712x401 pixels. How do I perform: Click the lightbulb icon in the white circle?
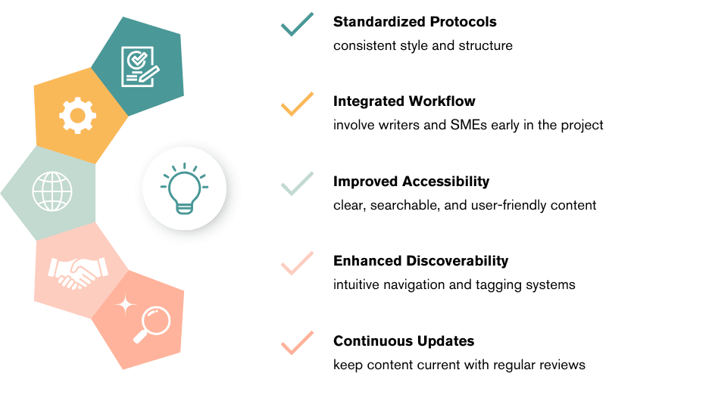[184, 188]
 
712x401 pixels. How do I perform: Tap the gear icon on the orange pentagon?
[77, 116]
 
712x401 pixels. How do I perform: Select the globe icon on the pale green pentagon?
[51, 191]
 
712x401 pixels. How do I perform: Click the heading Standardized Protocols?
[415, 22]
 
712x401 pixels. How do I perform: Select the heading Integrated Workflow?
[404, 101]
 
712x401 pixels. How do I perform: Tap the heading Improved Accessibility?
[411, 182]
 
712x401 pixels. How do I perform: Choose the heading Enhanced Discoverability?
[420, 261]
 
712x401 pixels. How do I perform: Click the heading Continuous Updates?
[404, 341]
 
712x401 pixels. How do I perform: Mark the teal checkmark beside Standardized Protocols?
[297, 24]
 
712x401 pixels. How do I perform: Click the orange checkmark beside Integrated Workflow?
[297, 104]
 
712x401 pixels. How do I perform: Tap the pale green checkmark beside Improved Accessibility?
[297, 184]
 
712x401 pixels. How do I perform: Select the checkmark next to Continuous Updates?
[297, 343]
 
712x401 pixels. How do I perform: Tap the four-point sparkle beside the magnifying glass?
[126, 305]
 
